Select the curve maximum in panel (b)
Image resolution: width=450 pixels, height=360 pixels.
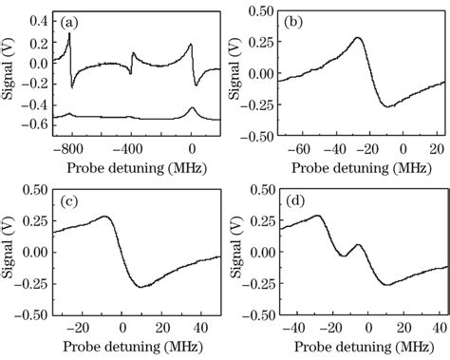(357, 39)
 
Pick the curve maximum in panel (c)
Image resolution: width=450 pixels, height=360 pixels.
(104, 217)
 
